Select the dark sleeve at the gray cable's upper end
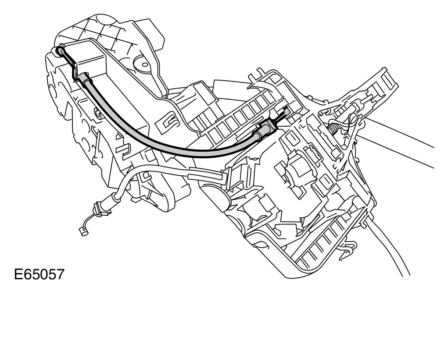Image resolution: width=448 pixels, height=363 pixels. [x=86, y=81]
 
